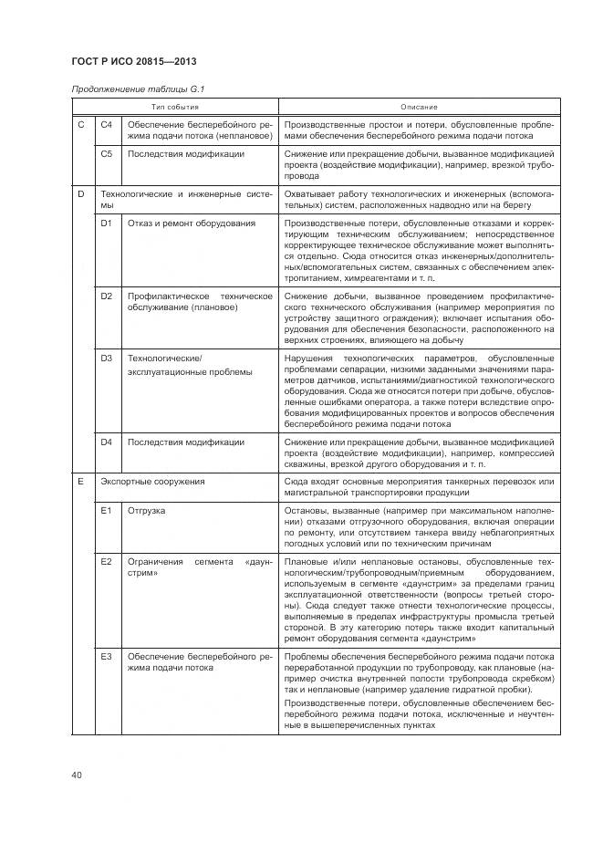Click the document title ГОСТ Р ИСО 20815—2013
coord(133,61)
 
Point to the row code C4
coord(107,124)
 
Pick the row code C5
coord(107,154)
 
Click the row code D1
coord(107,224)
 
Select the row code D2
coord(107,297)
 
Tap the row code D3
coord(107,359)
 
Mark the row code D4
coord(107,442)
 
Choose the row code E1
coord(107,511)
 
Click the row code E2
coord(107,560)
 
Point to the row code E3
coord(107,657)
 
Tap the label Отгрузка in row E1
coord(146,511)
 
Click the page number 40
coord(76,775)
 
